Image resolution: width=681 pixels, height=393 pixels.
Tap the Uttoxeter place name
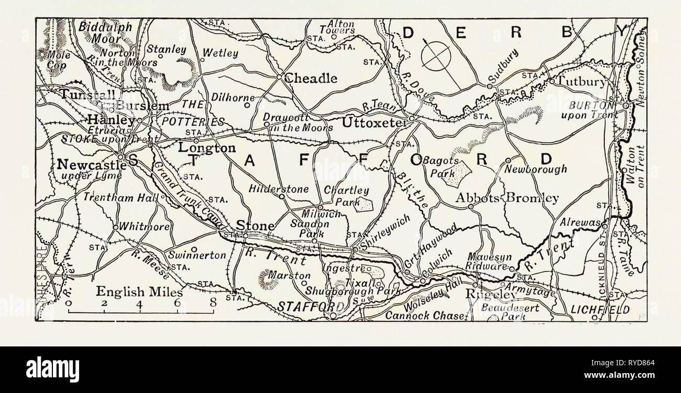[375, 122]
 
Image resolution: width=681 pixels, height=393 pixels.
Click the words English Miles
[139, 293]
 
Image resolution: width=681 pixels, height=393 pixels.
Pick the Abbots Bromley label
[507, 198]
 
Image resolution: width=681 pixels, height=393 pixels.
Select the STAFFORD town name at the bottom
[304, 306]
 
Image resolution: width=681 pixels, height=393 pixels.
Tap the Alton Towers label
[341, 27]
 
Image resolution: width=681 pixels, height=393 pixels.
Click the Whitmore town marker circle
[115, 227]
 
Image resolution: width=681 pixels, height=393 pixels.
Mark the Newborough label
[535, 169]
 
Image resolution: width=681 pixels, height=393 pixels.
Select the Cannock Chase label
[425, 316]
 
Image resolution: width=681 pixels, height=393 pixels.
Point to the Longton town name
[206, 149]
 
